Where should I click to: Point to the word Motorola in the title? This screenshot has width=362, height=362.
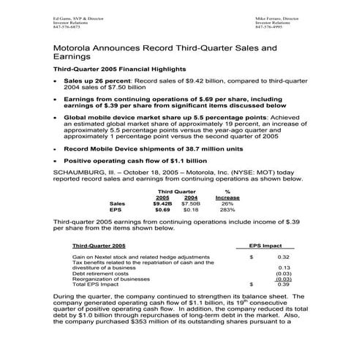75,45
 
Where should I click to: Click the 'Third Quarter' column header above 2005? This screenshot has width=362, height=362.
177,189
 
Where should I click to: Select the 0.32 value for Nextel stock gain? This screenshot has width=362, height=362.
283,257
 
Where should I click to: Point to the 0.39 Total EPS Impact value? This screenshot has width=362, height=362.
283,283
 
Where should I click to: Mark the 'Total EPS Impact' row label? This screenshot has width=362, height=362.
96,283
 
